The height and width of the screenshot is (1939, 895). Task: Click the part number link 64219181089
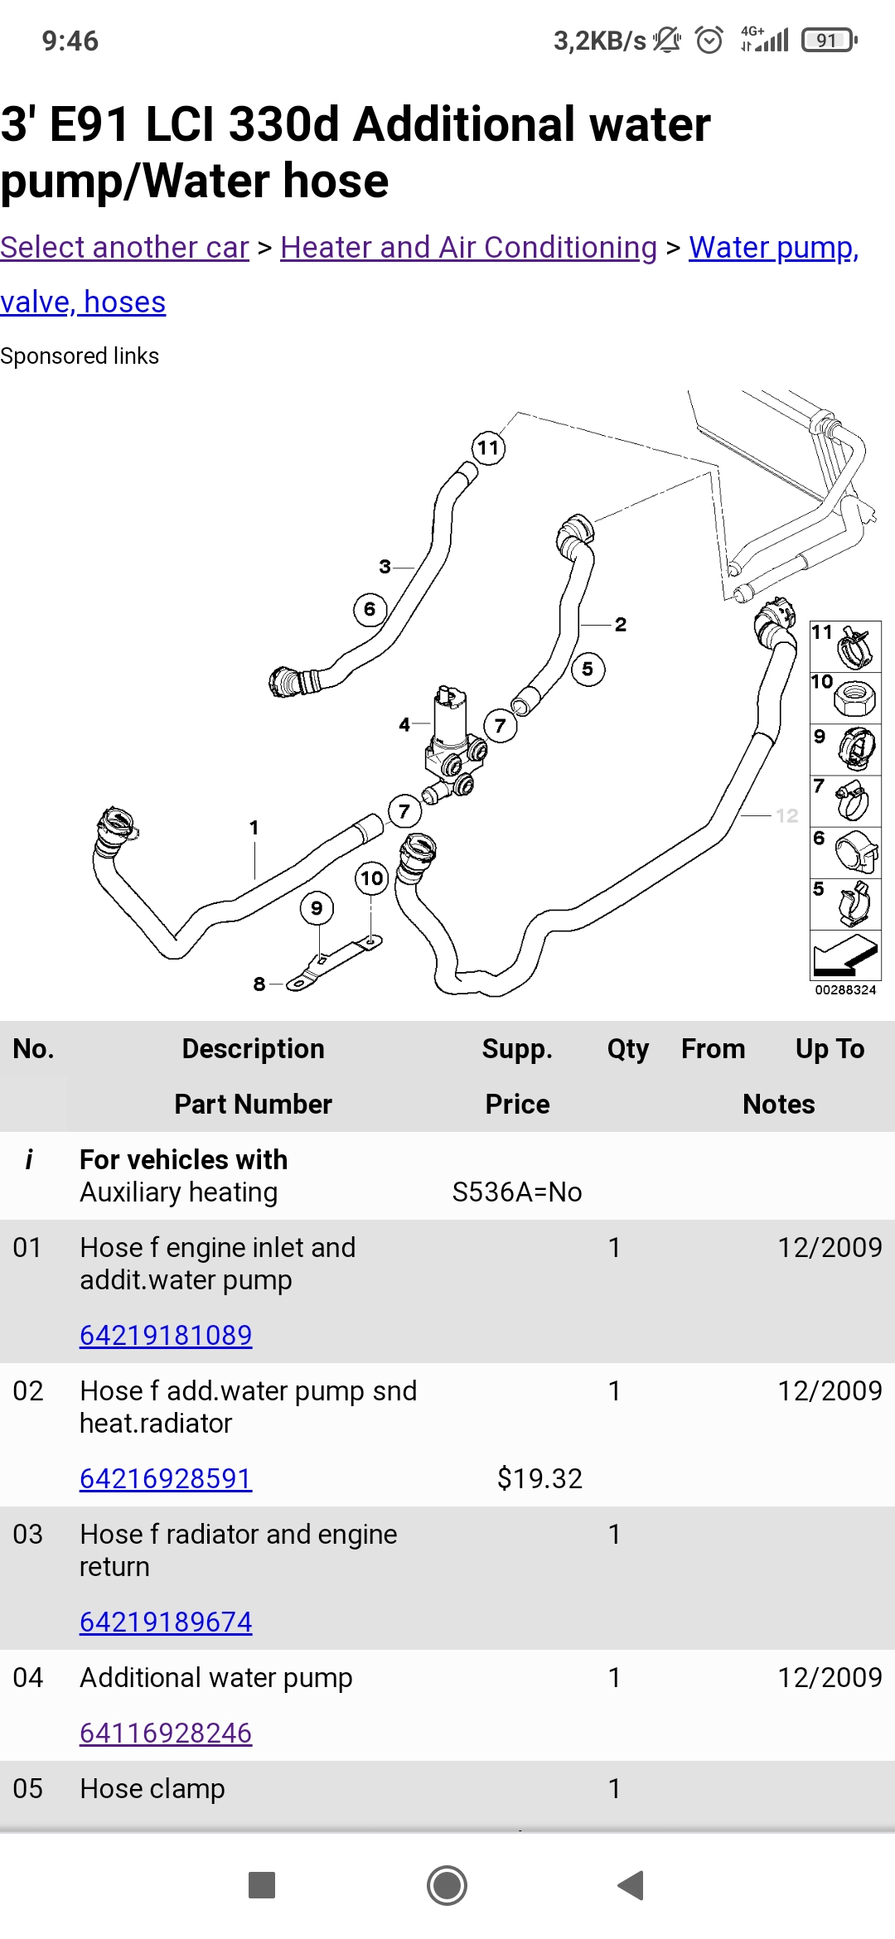pos(166,1335)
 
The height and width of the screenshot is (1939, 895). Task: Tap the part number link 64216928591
pos(166,1478)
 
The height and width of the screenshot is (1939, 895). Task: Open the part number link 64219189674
pos(166,1622)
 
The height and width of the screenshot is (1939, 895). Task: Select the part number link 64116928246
pos(166,1733)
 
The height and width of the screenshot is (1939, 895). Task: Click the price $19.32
pos(539,1478)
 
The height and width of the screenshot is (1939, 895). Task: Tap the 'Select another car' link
pos(124,247)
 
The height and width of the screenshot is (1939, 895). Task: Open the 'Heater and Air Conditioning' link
pos(468,247)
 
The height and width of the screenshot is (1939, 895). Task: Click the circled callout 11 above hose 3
pos(488,448)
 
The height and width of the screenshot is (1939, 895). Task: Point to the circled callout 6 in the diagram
pos(370,610)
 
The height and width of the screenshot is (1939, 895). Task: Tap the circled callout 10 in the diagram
pos(372,878)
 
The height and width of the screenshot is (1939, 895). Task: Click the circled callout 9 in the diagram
pos(317,908)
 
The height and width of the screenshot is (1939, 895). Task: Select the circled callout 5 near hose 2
pos(588,670)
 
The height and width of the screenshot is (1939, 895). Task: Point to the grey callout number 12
pos(786,815)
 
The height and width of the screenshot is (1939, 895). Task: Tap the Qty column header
pos(627,1048)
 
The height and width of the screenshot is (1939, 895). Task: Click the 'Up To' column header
pos(830,1048)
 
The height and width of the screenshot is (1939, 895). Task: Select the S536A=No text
pos(516,1192)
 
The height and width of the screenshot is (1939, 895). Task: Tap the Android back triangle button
pos(631,1885)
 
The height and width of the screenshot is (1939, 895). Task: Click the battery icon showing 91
pos(828,40)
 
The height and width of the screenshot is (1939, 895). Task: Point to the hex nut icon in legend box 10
pos(854,698)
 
